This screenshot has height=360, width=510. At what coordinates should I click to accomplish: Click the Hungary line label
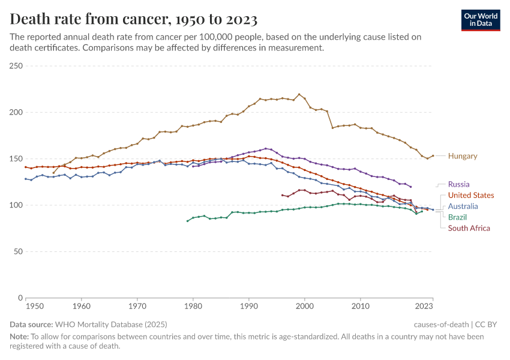coord(463,156)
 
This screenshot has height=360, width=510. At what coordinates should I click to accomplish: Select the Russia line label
coord(458,184)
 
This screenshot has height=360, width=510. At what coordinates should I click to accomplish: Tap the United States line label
coord(471,195)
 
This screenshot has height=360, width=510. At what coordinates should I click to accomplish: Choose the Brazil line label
coord(457,217)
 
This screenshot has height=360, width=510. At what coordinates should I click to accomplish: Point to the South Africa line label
coord(469,228)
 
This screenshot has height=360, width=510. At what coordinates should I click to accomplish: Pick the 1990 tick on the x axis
coord(248,306)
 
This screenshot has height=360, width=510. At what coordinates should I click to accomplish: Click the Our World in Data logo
coord(480,19)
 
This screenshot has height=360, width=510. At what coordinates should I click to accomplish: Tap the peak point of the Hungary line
coord(299,94)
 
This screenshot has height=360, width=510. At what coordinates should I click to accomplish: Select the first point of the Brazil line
coord(187,221)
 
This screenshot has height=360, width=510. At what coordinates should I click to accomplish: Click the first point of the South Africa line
coord(282,194)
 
